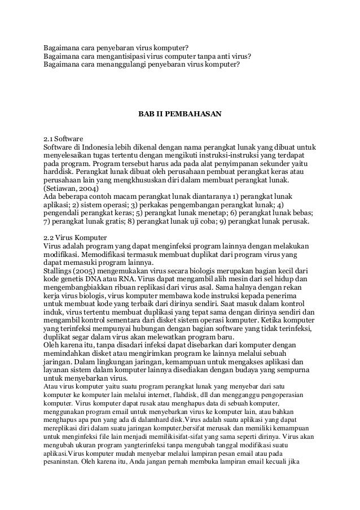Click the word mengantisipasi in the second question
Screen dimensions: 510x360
125,56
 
